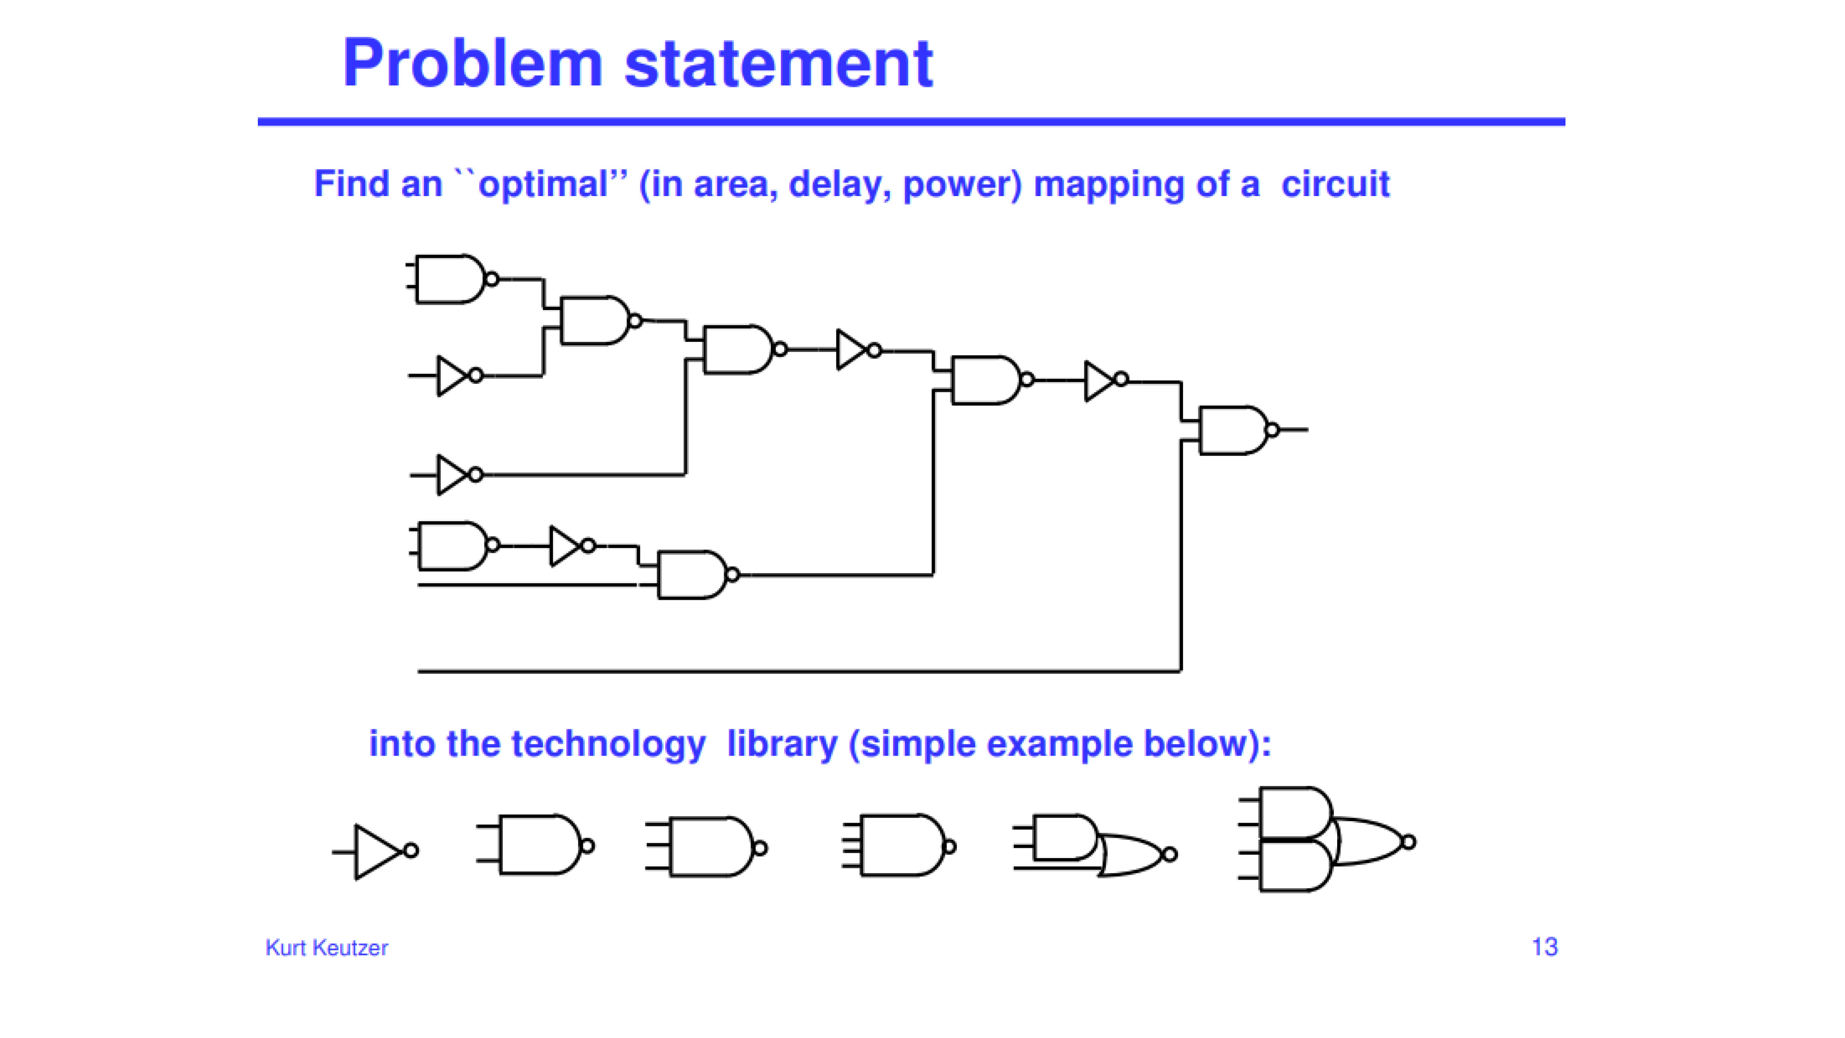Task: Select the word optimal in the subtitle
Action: (543, 185)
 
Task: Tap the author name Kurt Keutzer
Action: (327, 948)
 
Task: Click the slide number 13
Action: (1544, 947)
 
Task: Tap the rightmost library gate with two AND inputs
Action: (1327, 840)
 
